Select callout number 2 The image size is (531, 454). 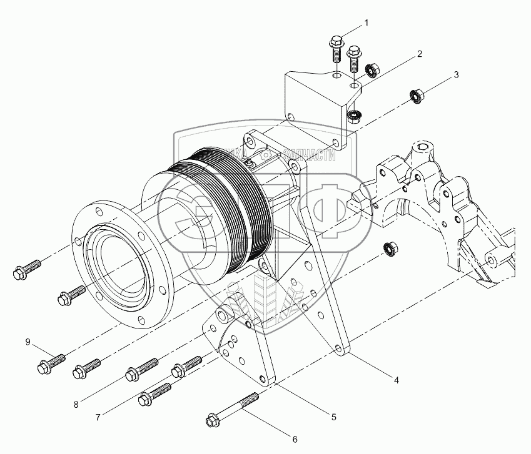tap(420, 54)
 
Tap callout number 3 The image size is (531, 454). tap(457, 74)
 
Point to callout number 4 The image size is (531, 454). tap(396, 378)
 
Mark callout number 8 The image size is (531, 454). tap(75, 404)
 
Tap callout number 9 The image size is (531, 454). tap(28, 341)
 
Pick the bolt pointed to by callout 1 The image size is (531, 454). tap(336, 47)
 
